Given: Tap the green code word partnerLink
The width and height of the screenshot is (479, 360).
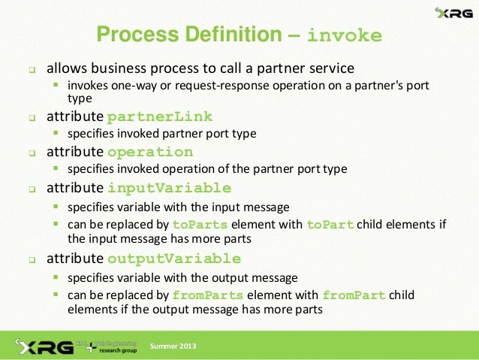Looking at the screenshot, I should (x=160, y=116).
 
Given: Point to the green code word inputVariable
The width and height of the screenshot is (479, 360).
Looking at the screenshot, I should (x=169, y=187).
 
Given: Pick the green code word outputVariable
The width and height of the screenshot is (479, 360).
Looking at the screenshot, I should (x=174, y=259).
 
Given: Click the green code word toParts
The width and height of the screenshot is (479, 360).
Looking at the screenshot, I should (x=198, y=225).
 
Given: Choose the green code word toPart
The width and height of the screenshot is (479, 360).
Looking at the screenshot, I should (x=330, y=225).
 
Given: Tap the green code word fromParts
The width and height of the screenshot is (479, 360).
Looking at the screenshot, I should (x=208, y=295).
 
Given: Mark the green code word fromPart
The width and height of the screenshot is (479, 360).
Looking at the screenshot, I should (x=354, y=295).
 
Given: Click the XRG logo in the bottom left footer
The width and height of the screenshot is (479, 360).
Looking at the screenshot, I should (x=41, y=346).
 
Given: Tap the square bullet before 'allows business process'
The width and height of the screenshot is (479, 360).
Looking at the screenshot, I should (x=32, y=69).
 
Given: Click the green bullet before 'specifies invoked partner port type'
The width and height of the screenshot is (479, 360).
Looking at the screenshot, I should (x=56, y=134).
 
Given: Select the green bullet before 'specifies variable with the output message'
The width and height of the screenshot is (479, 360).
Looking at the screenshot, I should (x=56, y=277).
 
